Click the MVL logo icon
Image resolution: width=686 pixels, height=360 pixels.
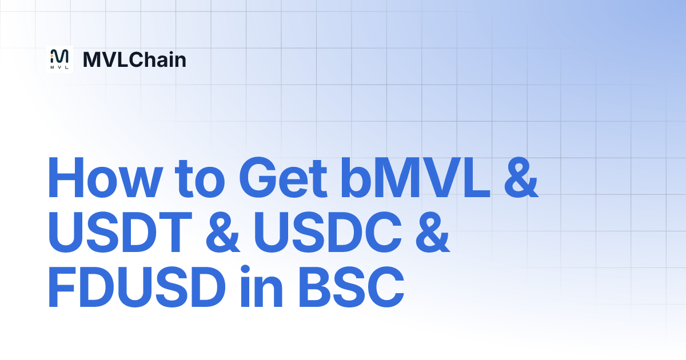[59, 58]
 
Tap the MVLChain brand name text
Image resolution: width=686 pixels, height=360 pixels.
[134, 59]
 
